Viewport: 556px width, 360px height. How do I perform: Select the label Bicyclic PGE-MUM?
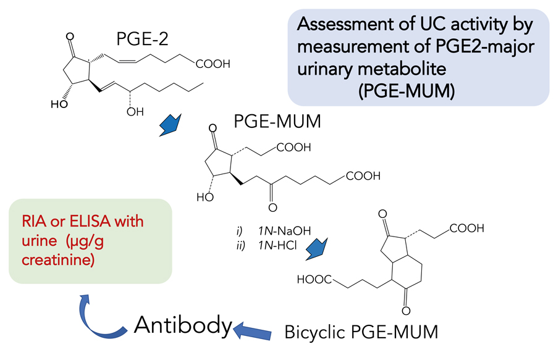coord(361,332)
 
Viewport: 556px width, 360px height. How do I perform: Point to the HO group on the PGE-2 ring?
coord(59,105)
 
